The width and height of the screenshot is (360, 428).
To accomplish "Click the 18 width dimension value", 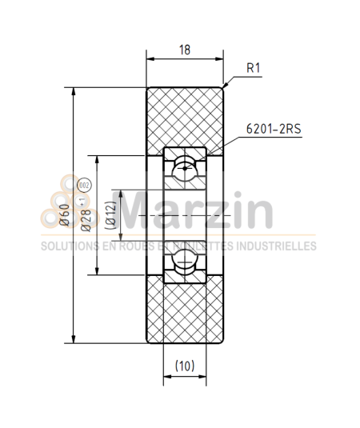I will point(185,50).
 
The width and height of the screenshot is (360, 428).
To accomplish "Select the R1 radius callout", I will point(254,68).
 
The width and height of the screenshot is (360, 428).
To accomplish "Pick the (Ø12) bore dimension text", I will point(111,216).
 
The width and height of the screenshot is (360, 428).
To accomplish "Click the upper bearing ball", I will point(185,166).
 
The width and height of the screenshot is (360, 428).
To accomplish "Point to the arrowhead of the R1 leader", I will point(226,86).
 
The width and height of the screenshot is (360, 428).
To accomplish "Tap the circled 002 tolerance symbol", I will point(86,187).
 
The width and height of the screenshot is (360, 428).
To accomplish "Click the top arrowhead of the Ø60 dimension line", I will point(74,91).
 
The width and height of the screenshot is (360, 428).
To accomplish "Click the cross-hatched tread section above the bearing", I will point(185,116).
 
